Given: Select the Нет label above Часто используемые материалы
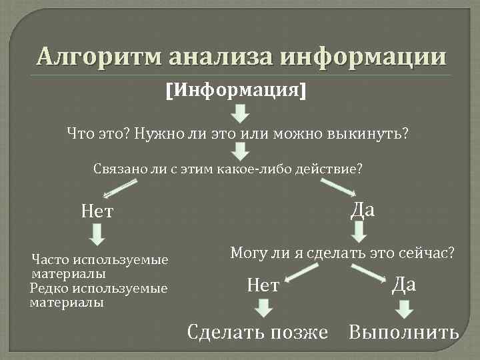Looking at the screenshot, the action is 98,212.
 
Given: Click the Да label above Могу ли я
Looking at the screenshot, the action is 362,209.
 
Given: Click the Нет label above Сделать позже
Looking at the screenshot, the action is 263,286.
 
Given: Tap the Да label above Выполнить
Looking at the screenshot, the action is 403,285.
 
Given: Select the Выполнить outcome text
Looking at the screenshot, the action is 403,331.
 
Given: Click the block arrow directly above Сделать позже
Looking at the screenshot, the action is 264,308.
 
